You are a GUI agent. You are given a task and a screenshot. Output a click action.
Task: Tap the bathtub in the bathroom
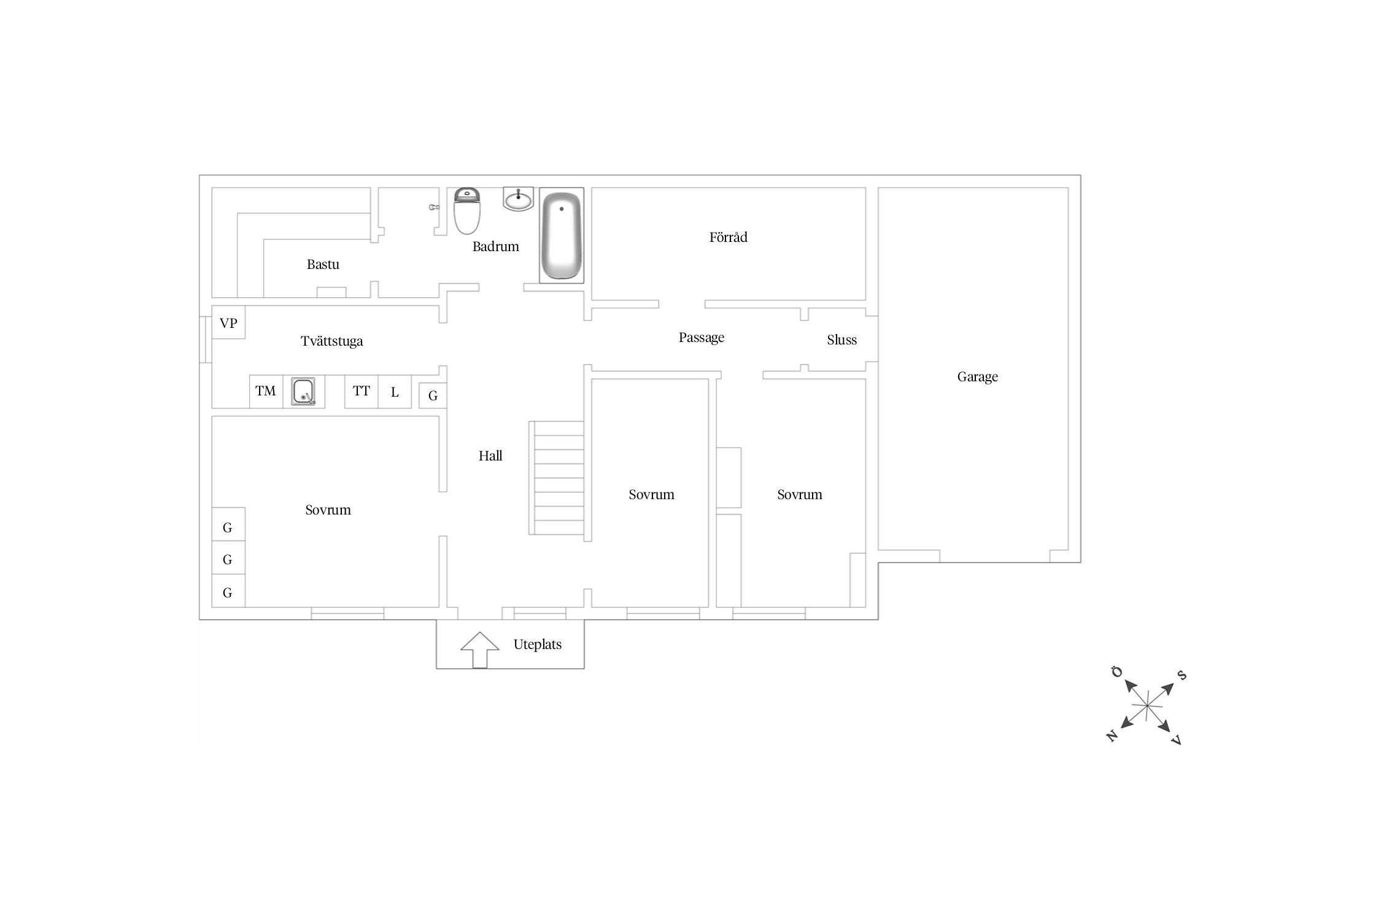click(x=561, y=235)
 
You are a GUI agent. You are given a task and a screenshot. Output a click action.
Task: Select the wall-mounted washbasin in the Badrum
click(x=519, y=199)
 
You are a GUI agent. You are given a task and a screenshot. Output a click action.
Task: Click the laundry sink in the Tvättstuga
click(x=303, y=392)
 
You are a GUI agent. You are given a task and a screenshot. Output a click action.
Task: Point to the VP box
click(x=228, y=322)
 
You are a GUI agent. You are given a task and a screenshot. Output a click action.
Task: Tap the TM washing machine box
click(x=266, y=391)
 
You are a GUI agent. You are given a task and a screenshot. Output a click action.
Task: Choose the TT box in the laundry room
click(x=361, y=391)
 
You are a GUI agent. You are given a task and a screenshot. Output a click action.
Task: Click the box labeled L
click(x=395, y=391)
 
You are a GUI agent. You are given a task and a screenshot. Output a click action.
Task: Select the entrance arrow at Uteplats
click(x=479, y=650)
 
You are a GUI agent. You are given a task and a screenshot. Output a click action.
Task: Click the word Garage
click(x=978, y=376)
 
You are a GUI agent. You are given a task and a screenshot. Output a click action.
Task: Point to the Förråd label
click(x=729, y=237)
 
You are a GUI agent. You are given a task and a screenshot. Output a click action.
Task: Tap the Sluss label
click(x=841, y=340)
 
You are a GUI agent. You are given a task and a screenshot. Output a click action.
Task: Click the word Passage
click(x=702, y=337)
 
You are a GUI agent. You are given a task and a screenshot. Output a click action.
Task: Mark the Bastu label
click(x=323, y=264)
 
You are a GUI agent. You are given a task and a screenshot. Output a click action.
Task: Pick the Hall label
click(x=490, y=456)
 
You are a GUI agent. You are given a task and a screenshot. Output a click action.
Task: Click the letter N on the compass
click(x=1112, y=735)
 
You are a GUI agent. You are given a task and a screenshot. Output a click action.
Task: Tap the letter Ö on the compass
click(x=1117, y=672)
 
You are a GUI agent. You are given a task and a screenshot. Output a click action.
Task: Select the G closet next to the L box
click(x=433, y=395)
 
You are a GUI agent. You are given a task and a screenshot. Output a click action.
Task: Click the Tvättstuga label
click(x=331, y=341)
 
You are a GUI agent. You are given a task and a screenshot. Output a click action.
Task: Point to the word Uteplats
click(x=538, y=644)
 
